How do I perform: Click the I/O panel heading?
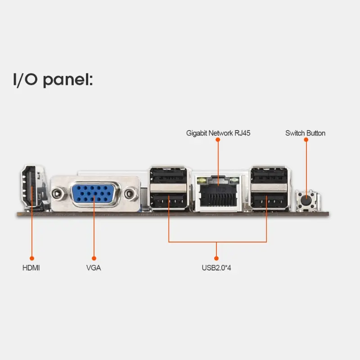pyautogui.click(x=52, y=80)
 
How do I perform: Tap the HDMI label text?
pyautogui.click(x=31, y=268)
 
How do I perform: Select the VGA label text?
pyautogui.click(x=94, y=268)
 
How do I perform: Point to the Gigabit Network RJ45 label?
pyautogui.click(x=218, y=133)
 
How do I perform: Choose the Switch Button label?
pyautogui.click(x=305, y=133)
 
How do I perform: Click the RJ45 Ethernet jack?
pyautogui.click(x=218, y=193)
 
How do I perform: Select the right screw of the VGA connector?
pyautogui.click(x=130, y=194)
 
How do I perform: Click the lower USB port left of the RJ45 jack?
pyautogui.click(x=167, y=201)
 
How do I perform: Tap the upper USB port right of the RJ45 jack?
pyautogui.click(x=269, y=175)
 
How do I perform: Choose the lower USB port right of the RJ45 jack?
pyautogui.click(x=269, y=201)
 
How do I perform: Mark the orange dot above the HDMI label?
pyautogui.click(x=31, y=258)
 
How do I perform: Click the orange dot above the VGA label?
pyautogui.click(x=94, y=258)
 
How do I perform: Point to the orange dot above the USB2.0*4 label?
pyautogui.click(x=216, y=258)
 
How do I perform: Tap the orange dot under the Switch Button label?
pyautogui.click(x=306, y=140)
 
